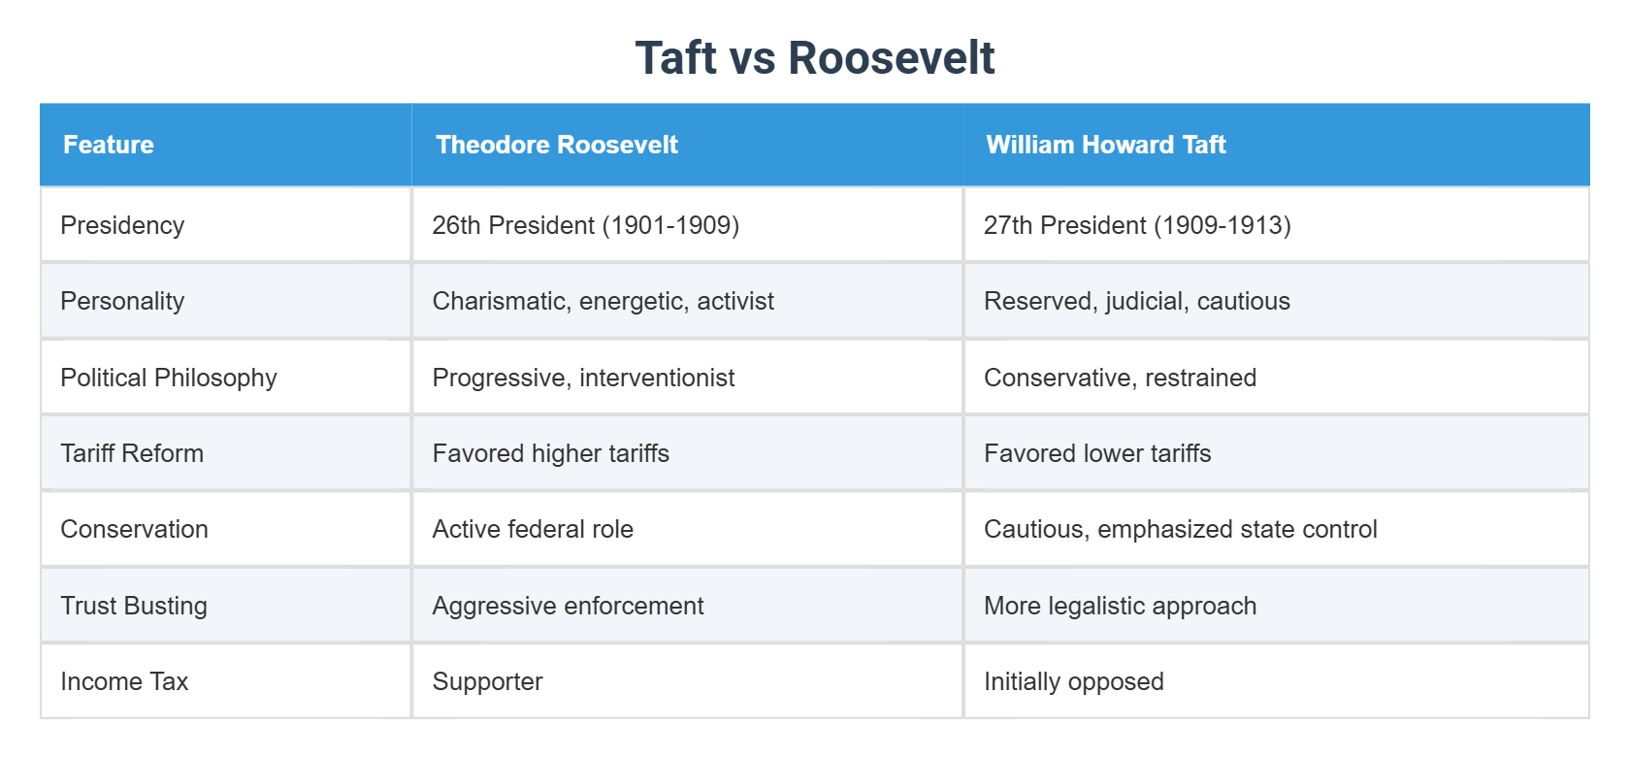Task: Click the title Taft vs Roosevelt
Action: [814, 58]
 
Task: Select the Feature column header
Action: [109, 145]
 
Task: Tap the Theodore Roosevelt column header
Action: [556, 145]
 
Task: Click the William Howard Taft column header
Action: [1105, 145]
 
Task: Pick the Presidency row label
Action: [122, 225]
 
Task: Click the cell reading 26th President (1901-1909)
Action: [585, 225]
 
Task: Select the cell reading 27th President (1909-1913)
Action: [1136, 225]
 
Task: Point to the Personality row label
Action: [122, 301]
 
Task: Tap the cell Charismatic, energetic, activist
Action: [603, 301]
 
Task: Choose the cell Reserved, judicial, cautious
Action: [1136, 301]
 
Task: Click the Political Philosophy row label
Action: [169, 378]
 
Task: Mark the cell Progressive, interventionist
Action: [583, 378]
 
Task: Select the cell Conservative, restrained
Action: [1120, 378]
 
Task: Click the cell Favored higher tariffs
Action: [550, 453]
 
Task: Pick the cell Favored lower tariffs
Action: [1096, 453]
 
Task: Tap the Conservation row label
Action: [134, 529]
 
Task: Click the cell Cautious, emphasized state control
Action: [1180, 529]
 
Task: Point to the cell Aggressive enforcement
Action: [568, 606]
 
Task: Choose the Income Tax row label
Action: [124, 681]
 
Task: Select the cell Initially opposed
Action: [1073, 681]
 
